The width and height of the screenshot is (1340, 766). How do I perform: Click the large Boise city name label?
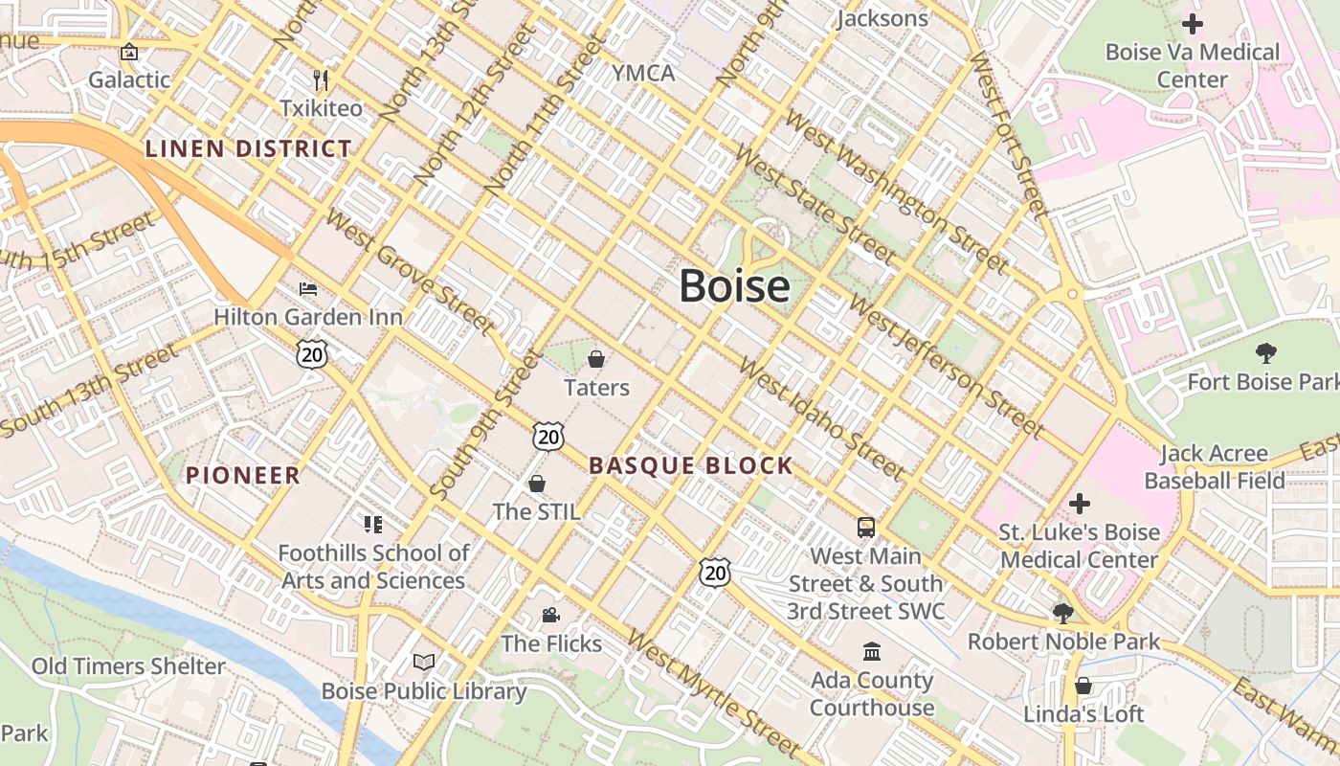pos(734,286)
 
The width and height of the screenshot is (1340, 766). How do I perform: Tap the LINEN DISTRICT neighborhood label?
pos(248,148)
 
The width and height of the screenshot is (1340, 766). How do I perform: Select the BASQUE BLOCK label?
pos(691,466)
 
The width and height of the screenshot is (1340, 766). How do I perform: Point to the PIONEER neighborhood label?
pos(243,475)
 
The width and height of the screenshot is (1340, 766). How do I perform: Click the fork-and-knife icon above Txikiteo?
pos(321,79)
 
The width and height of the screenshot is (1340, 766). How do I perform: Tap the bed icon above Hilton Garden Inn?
pos(307,288)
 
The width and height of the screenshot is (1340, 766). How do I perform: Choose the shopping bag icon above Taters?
pos(596,359)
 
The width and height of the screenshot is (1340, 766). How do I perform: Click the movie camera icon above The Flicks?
pos(550,615)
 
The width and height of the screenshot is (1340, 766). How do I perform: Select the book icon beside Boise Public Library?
pos(424,662)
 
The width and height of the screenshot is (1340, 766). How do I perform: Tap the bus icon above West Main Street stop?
pos(865,527)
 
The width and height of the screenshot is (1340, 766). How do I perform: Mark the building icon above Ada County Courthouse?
pos(872,652)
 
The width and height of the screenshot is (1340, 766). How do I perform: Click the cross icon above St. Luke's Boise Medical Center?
pos(1079,503)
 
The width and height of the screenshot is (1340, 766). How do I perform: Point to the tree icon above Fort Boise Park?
pos(1265,353)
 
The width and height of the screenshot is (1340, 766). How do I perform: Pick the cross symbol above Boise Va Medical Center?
pos(1192,23)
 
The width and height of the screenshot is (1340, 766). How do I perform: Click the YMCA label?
pos(643,74)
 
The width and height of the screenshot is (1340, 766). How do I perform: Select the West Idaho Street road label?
pos(821,419)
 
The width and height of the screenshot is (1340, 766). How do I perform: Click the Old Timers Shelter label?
pos(128,666)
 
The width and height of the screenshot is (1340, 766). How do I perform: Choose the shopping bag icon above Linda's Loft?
pos(1083,686)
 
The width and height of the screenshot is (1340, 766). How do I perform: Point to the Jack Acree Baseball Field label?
pos(1214,466)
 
